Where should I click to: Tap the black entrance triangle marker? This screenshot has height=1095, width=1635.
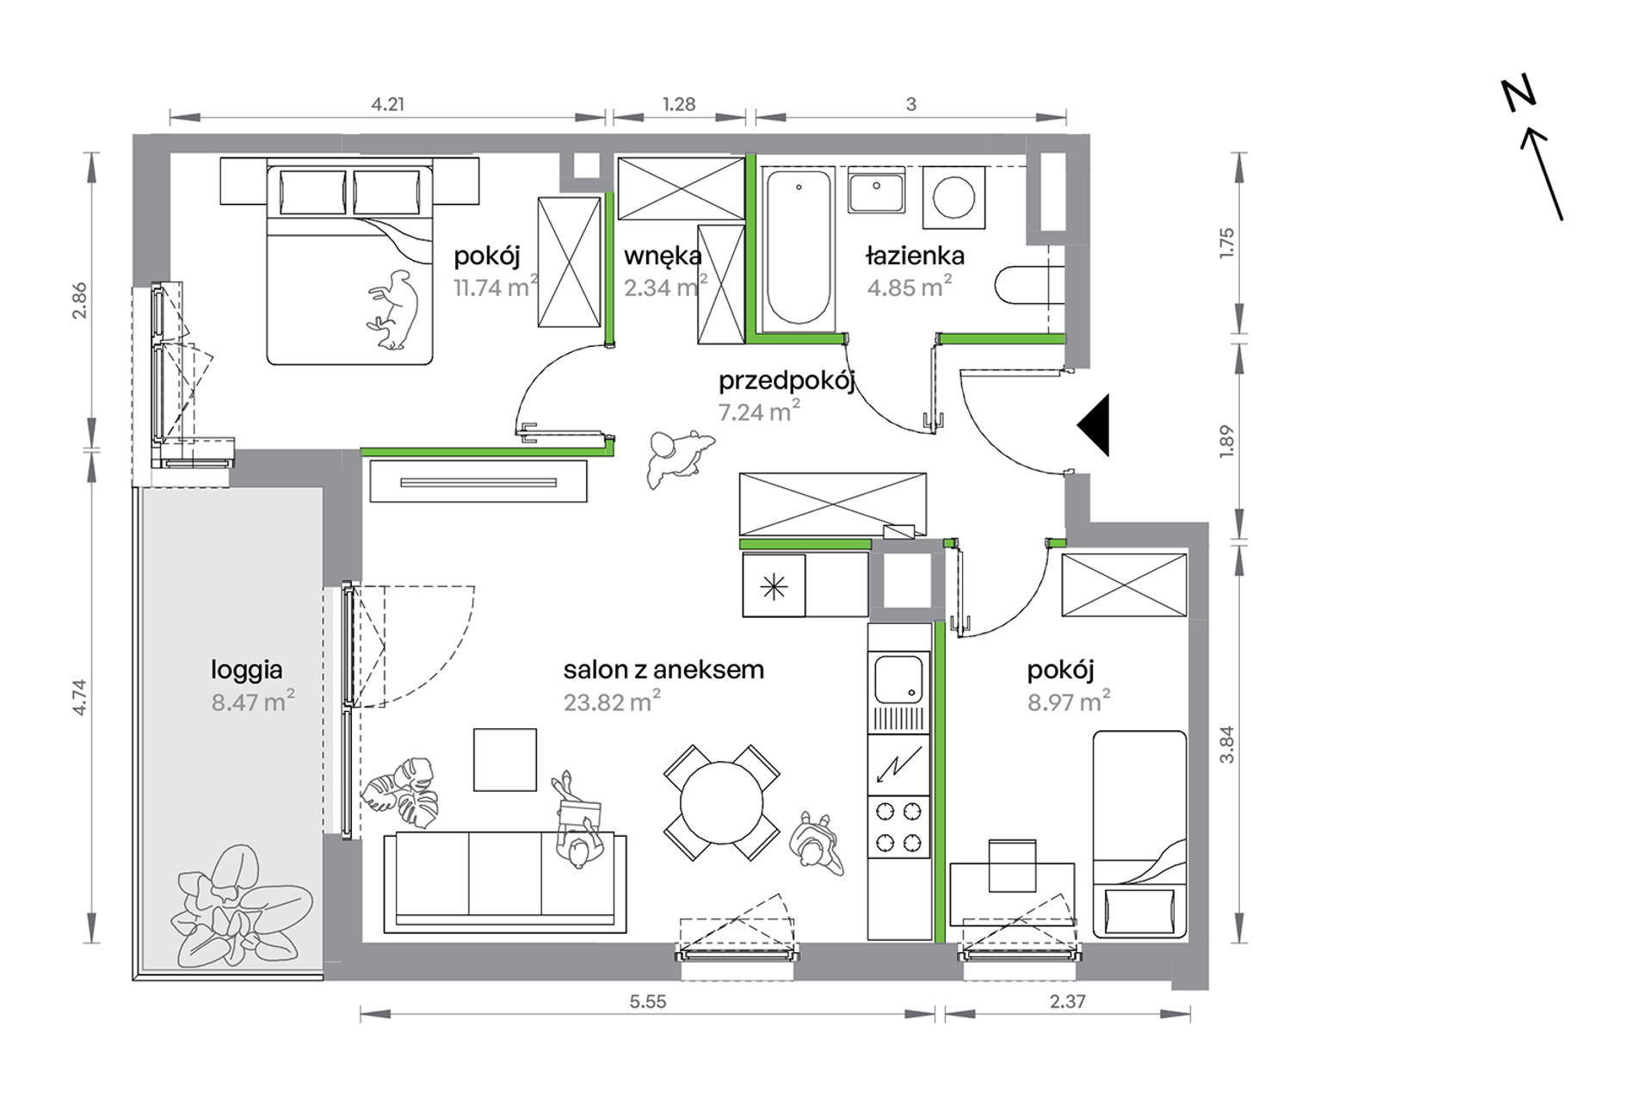pos(1094,425)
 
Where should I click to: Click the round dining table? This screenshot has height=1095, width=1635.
pos(721,803)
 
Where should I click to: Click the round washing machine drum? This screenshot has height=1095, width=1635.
pos(953,197)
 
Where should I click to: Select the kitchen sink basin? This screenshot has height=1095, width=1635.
pos(898,679)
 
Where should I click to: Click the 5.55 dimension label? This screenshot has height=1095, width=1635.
pos(648,1001)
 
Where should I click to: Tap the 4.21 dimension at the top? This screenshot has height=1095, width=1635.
pos(387,104)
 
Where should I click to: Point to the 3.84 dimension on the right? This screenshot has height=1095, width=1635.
pos(1227,745)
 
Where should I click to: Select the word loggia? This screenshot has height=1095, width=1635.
pos(247,671)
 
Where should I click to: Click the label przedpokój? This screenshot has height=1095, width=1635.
pos(787,381)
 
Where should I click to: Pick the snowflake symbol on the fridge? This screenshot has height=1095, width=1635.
pos(774,587)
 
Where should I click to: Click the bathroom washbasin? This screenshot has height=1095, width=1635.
pos(876,190)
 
